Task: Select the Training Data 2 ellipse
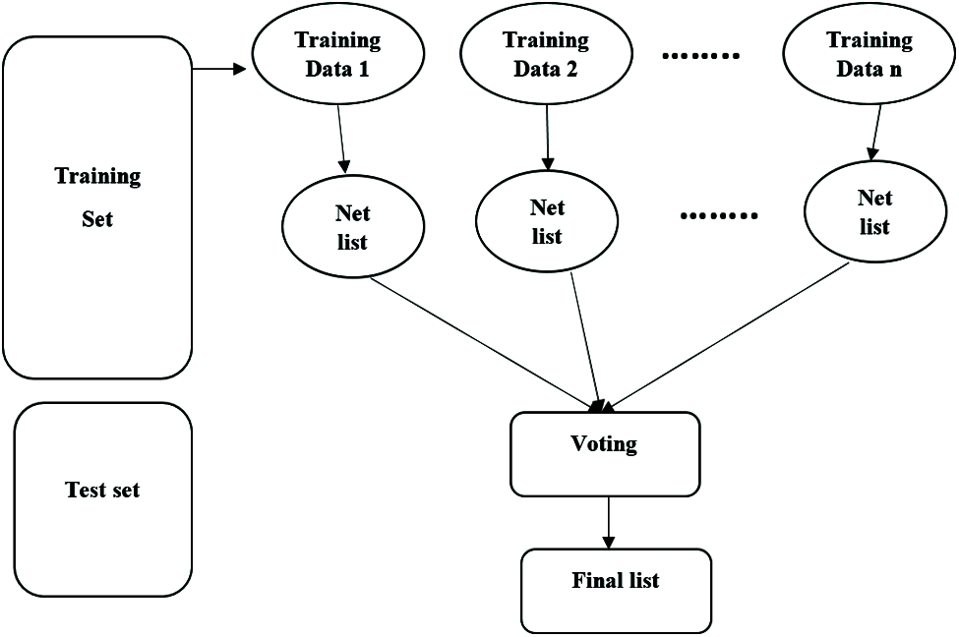[x=545, y=55]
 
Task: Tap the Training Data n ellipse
[x=869, y=55]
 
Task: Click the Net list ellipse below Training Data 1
[x=352, y=228]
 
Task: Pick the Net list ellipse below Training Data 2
[x=547, y=222]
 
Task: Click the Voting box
[x=604, y=453]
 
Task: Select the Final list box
[x=615, y=590]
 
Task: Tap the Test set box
[x=102, y=498]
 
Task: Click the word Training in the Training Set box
[x=97, y=177]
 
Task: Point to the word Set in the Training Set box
[x=97, y=218]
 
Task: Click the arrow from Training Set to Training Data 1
[x=218, y=70]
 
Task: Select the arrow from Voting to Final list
[x=608, y=522]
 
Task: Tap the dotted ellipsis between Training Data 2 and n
[x=700, y=56]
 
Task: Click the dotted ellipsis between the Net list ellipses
[x=720, y=214]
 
